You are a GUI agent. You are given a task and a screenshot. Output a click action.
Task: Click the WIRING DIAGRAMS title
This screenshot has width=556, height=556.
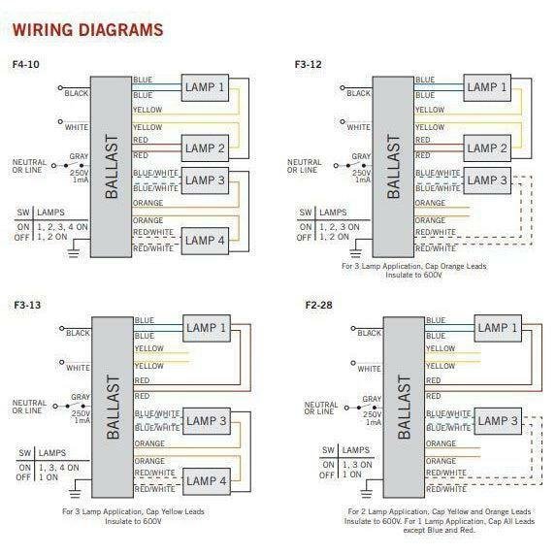coord(88,30)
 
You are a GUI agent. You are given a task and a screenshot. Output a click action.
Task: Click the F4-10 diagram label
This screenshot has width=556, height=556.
coord(25,64)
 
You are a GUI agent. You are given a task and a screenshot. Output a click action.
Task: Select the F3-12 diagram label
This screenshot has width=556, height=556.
coord(309,64)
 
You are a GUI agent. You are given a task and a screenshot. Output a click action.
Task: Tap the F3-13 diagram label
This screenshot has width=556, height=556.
coord(27,305)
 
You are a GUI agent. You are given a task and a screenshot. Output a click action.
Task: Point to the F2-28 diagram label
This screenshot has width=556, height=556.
coord(319,305)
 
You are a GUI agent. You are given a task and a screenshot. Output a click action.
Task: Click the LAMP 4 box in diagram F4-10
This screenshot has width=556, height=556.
coord(205,241)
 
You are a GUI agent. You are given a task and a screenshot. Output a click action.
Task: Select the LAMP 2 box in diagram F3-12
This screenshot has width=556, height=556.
coord(487,148)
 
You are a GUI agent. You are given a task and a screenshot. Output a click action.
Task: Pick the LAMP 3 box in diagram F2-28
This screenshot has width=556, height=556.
coord(498,421)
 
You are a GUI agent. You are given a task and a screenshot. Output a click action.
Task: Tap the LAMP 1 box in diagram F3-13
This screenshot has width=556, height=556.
coord(207,328)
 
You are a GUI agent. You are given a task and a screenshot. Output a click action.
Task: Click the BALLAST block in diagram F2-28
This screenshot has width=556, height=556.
coord(404,408)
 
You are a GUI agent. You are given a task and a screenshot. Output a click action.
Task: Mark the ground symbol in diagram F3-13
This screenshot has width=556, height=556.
coord(75,493)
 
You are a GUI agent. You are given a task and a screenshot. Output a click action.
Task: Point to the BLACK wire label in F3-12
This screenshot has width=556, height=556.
coord(358,93)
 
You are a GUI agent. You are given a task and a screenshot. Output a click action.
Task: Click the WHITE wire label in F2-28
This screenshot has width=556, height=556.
coord(369,369)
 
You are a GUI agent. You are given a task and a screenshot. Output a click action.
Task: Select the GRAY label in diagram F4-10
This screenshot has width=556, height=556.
coord(79,156)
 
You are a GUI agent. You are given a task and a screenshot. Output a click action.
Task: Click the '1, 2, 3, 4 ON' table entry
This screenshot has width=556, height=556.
coord(62,227)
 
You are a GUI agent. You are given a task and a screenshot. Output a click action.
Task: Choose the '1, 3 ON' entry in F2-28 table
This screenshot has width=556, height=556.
coord(357,465)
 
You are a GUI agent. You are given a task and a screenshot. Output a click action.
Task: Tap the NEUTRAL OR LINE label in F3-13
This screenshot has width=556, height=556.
coord(29,407)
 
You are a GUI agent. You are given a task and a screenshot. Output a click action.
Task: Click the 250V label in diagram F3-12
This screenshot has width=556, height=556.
coord(362,173)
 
